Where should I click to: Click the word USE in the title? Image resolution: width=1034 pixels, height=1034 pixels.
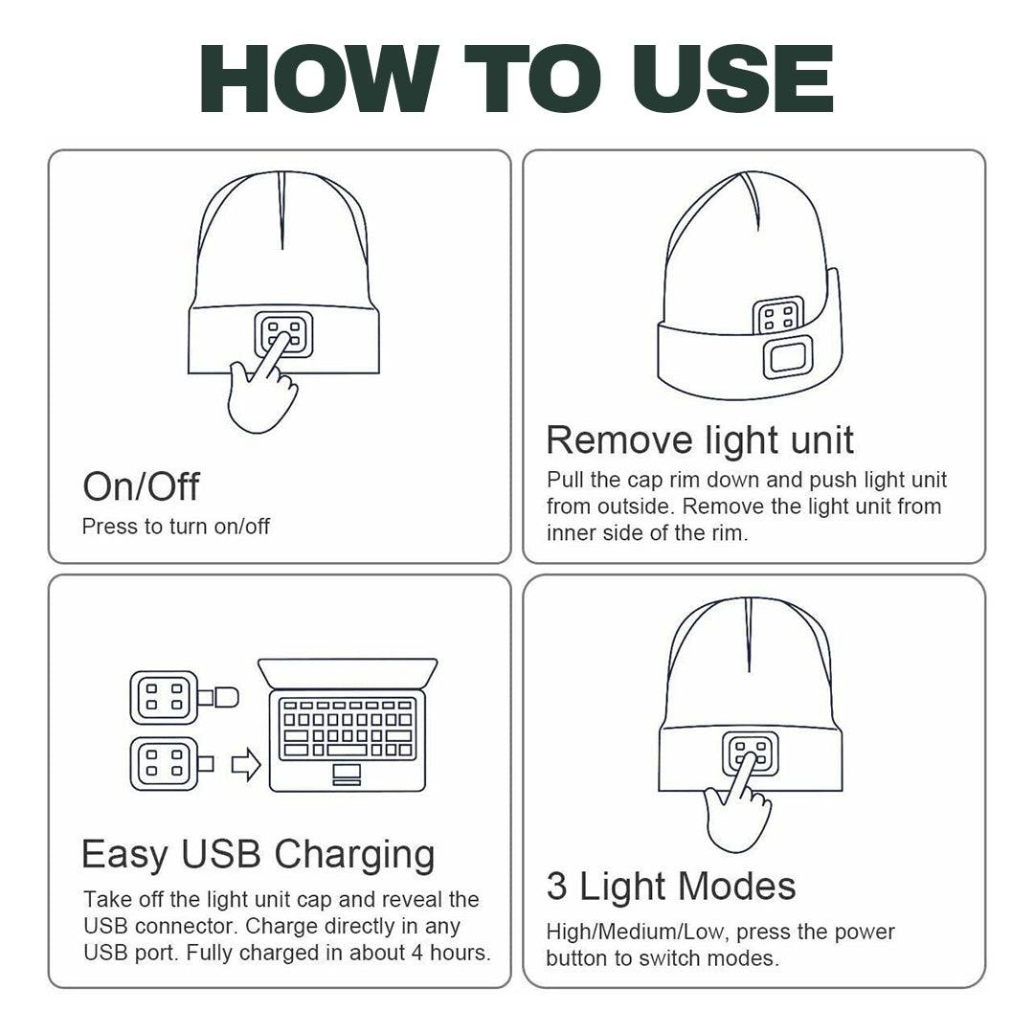[x=732, y=79]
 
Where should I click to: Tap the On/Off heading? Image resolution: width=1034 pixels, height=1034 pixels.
[x=141, y=486]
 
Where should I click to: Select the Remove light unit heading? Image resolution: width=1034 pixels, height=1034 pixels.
[x=700, y=440]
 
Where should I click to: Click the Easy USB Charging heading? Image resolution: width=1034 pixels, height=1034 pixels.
[x=258, y=855]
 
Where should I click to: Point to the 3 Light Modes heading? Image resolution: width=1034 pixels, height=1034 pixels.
[x=670, y=887]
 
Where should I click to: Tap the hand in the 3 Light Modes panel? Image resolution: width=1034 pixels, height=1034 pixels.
[x=737, y=808]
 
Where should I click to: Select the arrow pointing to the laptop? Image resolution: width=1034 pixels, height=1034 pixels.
[x=246, y=765]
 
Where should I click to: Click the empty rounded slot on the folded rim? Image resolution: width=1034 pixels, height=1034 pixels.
[x=788, y=358]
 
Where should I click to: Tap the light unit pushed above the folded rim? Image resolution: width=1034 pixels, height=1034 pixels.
[x=777, y=317]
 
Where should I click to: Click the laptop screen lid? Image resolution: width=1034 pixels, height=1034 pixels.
[x=348, y=673]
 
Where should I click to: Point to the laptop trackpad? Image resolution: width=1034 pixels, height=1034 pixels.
[x=347, y=773]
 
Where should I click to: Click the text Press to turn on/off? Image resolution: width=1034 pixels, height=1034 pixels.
[x=175, y=527]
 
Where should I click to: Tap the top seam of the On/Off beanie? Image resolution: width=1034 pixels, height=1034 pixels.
[x=281, y=211]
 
